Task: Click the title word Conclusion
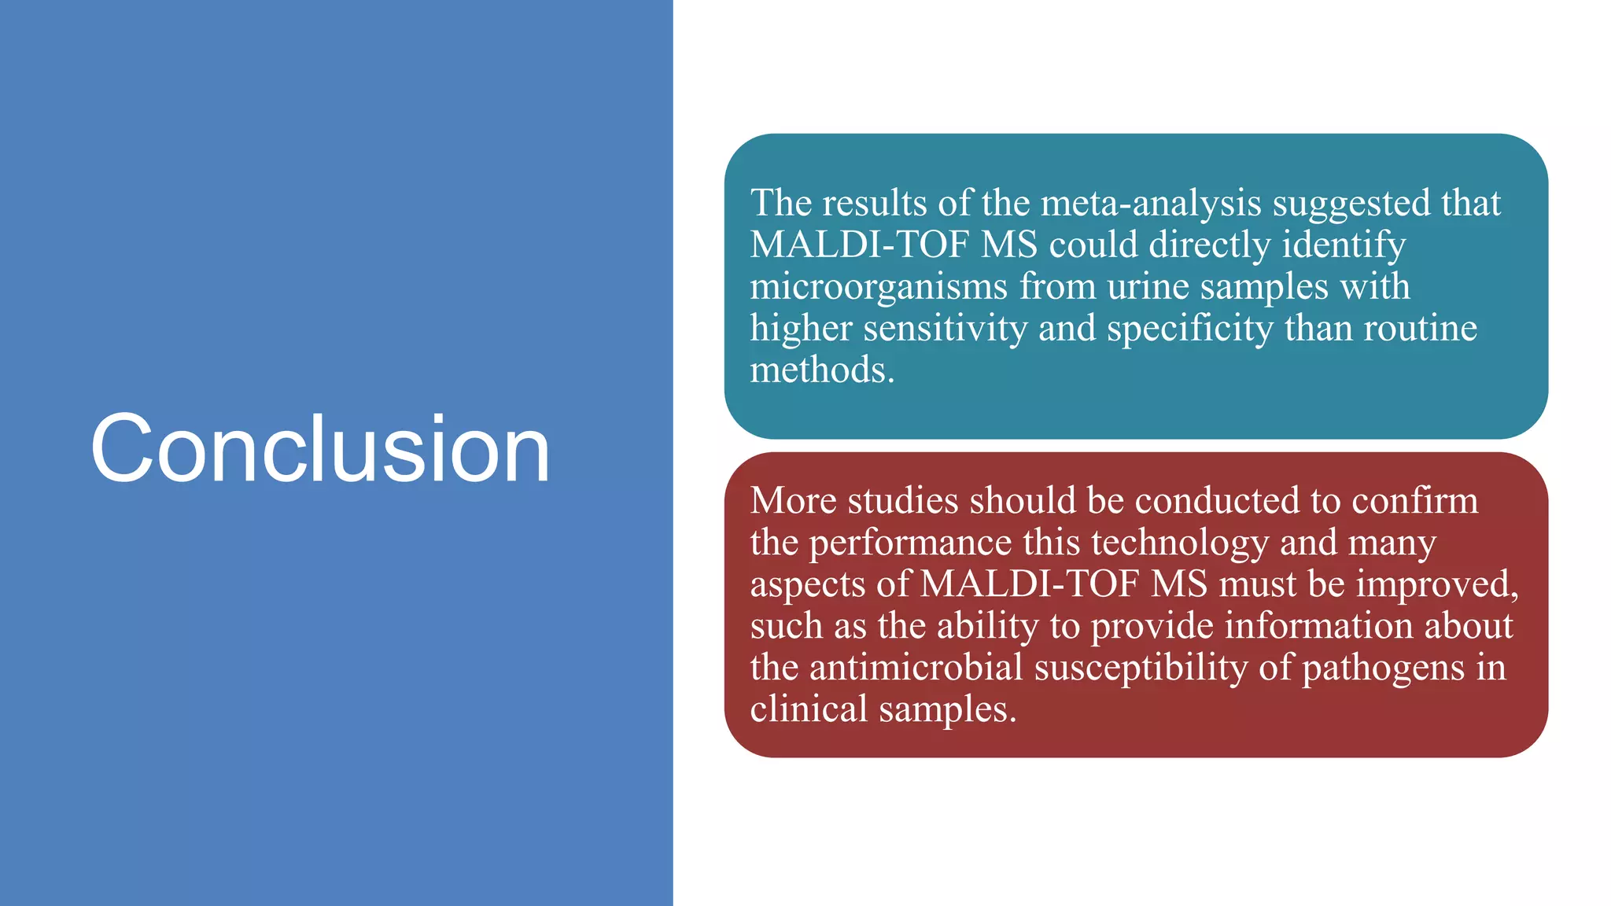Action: (320, 449)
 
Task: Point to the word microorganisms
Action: (879, 287)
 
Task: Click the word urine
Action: (1148, 287)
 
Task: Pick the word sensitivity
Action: (945, 328)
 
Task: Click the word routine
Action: (1420, 328)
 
